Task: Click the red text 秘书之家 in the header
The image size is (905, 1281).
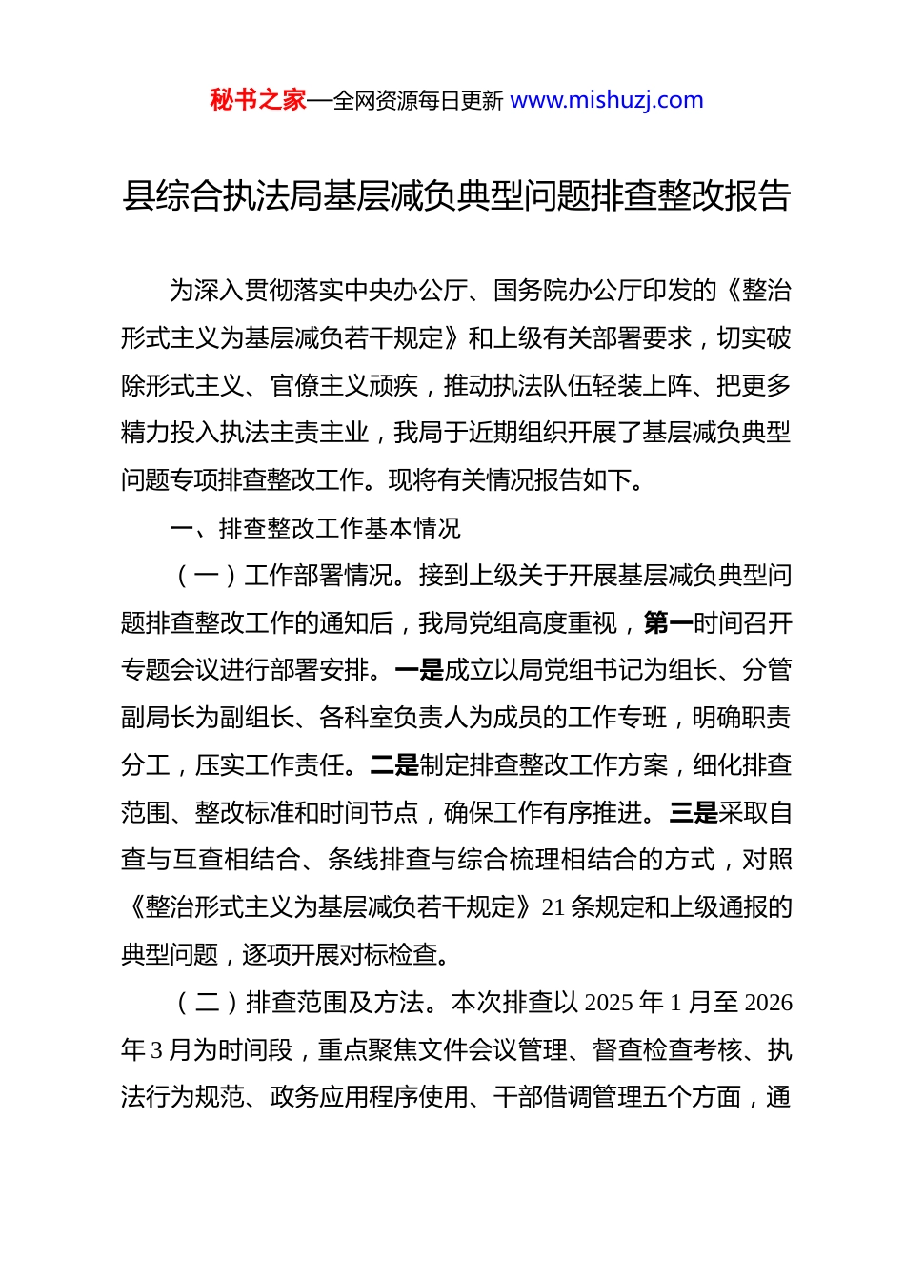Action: point(257,100)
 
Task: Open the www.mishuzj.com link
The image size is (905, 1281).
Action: point(607,100)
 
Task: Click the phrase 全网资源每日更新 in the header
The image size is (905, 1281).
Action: point(418,101)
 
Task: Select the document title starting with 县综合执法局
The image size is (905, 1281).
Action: point(456,195)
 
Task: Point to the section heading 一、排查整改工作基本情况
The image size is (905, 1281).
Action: point(315,528)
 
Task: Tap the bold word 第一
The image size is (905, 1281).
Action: point(668,623)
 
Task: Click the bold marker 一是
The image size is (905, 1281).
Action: point(419,670)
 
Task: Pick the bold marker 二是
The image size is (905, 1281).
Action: point(394,765)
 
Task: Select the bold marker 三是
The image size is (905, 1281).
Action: point(694,813)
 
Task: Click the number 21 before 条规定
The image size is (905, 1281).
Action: point(554,907)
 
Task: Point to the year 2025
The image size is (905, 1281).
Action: point(608,1003)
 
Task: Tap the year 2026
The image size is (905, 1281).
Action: point(768,1003)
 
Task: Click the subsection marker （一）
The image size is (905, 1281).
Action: point(207,576)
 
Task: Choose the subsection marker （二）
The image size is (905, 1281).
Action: point(207,1003)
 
